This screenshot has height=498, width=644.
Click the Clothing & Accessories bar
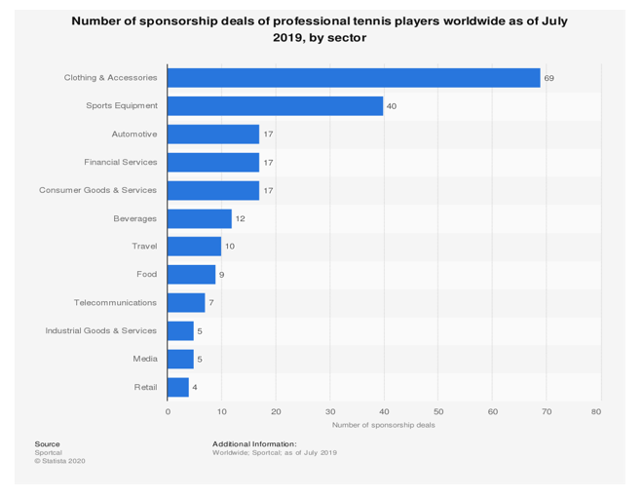(x=354, y=78)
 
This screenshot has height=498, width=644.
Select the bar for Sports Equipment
(x=276, y=106)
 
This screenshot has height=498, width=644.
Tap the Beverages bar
(x=200, y=218)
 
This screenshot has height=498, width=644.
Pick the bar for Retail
(x=178, y=387)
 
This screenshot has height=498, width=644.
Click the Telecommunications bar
(x=186, y=303)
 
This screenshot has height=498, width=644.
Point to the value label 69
(x=549, y=78)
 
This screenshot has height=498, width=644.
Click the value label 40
(x=392, y=106)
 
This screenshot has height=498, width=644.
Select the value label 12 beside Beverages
(x=240, y=218)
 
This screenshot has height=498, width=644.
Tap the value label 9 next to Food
(x=222, y=275)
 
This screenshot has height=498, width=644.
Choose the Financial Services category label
(x=121, y=163)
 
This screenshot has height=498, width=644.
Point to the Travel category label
(x=144, y=247)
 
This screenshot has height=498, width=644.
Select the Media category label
(x=145, y=360)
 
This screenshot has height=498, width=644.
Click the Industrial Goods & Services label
(x=101, y=331)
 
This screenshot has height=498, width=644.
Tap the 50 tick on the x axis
(x=438, y=412)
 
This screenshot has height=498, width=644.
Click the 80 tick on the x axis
(x=596, y=412)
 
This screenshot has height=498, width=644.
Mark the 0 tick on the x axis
(x=168, y=412)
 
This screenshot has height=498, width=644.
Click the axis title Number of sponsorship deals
(x=383, y=425)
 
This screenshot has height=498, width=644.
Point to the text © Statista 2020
(x=59, y=461)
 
